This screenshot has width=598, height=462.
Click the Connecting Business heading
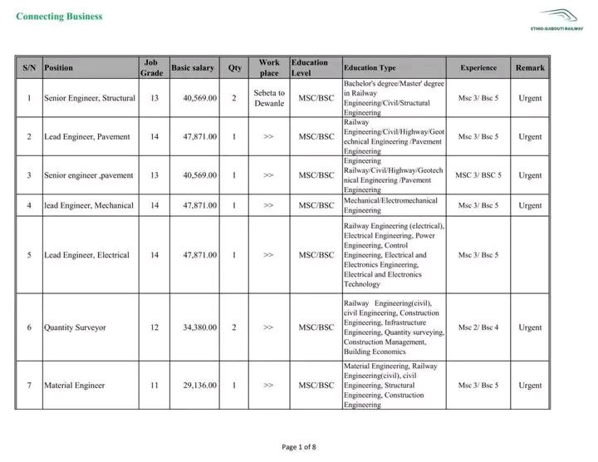pyautogui.click(x=60, y=16)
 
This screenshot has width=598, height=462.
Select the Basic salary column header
pyautogui.click(x=193, y=67)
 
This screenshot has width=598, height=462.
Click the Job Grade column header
pyautogui.click(x=151, y=67)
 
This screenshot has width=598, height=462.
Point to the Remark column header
pyautogui.click(x=530, y=67)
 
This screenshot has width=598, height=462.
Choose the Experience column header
pyautogui.click(x=478, y=67)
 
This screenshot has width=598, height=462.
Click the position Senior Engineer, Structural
pyautogui.click(x=89, y=98)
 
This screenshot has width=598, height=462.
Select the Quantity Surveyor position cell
pyautogui.click(x=75, y=327)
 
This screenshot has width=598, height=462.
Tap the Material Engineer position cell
pyautogui.click(x=74, y=386)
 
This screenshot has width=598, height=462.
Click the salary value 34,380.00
pyautogui.click(x=200, y=327)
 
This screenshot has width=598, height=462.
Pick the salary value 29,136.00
pyautogui.click(x=200, y=386)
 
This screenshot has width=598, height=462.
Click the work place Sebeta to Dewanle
pyautogui.click(x=268, y=98)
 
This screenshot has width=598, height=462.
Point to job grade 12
pyautogui.click(x=154, y=327)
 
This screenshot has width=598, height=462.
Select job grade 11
pyautogui.click(x=154, y=386)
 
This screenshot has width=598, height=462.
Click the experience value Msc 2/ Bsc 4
pyautogui.click(x=478, y=327)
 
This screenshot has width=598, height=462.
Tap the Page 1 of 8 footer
pyautogui.click(x=299, y=447)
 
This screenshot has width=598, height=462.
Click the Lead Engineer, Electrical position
pyautogui.click(x=86, y=255)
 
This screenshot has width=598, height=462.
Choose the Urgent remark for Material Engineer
pyautogui.click(x=530, y=386)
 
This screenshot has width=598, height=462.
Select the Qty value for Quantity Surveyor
pyautogui.click(x=234, y=327)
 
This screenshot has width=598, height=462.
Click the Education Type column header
pyautogui.click(x=370, y=67)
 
